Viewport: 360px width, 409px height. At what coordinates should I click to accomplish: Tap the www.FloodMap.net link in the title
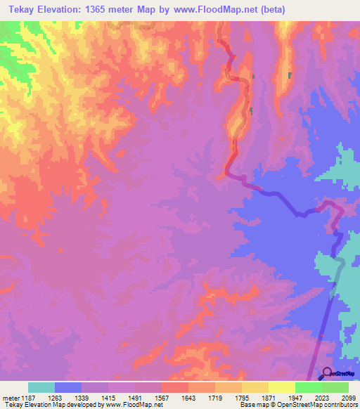point(221,10)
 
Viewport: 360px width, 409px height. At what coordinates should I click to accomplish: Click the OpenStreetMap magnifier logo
point(326,373)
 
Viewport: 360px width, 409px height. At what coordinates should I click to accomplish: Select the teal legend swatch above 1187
point(41,387)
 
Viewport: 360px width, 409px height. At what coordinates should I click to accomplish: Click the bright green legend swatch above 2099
point(335,387)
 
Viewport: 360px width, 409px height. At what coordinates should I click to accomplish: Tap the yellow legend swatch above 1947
point(282,387)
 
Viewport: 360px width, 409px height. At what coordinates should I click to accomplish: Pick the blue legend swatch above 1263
point(68,387)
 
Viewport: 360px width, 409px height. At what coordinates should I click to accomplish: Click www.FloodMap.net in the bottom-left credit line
point(134,405)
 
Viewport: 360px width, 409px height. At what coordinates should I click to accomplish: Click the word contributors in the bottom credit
point(342,405)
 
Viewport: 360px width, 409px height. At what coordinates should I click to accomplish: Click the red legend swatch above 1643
point(175,387)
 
